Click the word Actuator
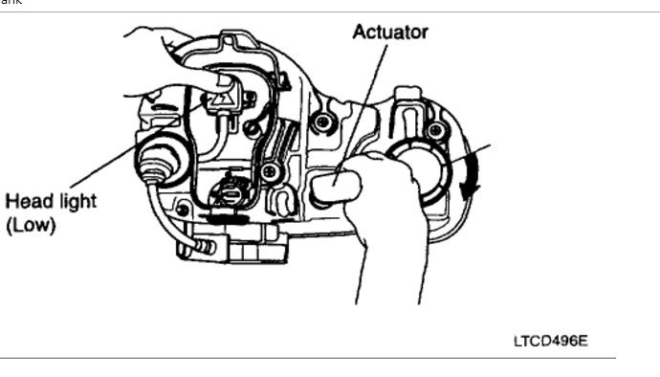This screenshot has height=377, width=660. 389,32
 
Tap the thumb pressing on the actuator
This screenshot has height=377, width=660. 336,183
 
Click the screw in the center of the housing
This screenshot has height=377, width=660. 271,171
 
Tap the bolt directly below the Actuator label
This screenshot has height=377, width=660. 324,122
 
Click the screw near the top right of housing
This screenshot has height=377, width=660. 435,130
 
